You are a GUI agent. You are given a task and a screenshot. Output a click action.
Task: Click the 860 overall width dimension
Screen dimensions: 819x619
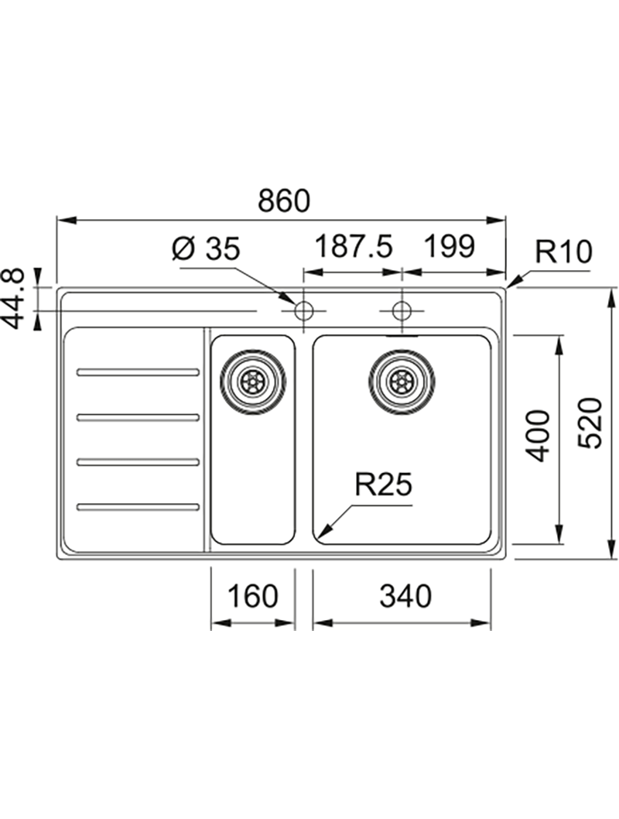click(283, 200)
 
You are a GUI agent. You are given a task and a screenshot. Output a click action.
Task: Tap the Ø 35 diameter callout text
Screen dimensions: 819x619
click(207, 248)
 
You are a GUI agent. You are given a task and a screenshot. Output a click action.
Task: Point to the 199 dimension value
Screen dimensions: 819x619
click(448, 248)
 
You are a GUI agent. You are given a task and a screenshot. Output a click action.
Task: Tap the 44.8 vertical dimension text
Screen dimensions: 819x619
click(18, 297)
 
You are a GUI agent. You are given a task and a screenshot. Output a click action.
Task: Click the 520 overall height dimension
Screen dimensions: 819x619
click(590, 423)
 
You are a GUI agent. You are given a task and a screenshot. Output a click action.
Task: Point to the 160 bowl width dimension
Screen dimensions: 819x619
click(253, 596)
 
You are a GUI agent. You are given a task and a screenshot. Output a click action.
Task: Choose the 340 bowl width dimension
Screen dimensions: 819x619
click(402, 596)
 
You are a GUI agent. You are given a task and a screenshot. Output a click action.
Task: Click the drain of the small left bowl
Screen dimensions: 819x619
click(252, 380)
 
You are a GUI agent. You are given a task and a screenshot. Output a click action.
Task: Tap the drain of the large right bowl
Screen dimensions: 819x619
click(401, 380)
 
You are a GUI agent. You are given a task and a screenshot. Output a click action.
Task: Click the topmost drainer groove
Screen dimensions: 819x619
click(138, 372)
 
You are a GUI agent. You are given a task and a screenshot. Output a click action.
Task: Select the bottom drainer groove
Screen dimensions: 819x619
click(138, 507)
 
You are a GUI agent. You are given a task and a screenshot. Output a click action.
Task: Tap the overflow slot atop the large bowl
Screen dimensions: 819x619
click(401, 337)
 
